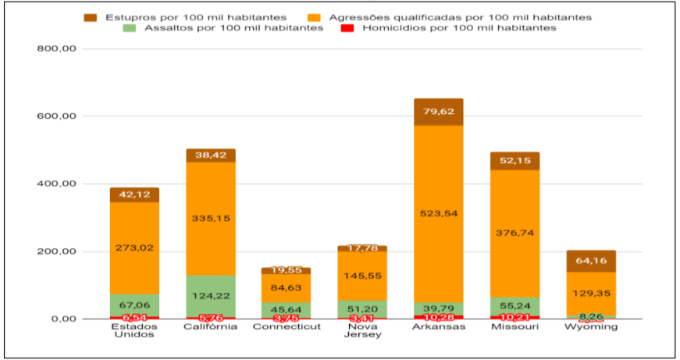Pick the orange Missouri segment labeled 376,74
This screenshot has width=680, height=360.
click(x=514, y=233)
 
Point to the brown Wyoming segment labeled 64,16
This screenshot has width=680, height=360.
click(x=591, y=261)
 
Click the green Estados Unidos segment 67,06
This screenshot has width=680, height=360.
click(x=134, y=305)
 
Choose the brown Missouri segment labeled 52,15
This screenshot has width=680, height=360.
click(x=514, y=161)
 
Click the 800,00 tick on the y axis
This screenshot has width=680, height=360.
click(x=56, y=49)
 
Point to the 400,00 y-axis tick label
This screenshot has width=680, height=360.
click(x=56, y=184)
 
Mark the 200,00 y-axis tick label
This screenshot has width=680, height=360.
click(x=56, y=251)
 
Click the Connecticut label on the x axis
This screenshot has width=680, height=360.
click(x=287, y=327)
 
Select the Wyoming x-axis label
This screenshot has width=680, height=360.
click(x=591, y=327)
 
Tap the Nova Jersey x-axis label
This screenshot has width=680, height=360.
click(x=362, y=331)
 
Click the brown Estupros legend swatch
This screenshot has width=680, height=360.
click(x=90, y=16)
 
